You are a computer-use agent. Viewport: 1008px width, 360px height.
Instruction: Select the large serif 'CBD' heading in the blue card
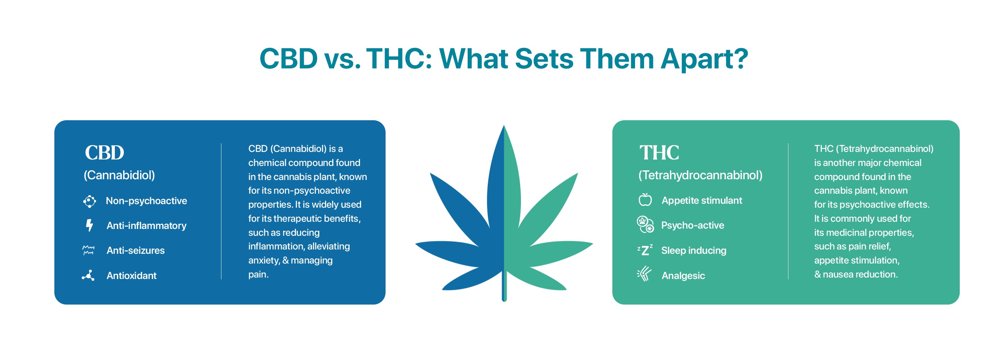pos(104,153)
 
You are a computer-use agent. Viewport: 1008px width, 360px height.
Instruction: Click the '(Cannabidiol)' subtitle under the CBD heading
pos(120,175)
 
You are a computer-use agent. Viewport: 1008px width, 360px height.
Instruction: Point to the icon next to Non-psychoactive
pos(90,201)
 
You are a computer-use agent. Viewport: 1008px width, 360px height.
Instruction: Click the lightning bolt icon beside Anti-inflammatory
pos(90,225)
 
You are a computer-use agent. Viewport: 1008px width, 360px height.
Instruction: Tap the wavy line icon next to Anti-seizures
pos(89,251)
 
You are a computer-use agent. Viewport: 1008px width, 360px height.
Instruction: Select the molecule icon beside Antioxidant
pos(89,275)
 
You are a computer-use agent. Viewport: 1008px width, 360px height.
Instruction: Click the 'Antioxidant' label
pos(131,275)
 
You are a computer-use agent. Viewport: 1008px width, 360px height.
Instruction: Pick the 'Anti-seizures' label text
pos(135,251)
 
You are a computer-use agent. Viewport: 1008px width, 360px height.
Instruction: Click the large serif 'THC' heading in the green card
pos(660,153)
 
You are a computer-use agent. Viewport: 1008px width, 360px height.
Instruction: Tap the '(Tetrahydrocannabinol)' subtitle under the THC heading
pos(701,175)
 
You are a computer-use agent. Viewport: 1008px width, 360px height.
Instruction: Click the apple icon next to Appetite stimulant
pos(645,199)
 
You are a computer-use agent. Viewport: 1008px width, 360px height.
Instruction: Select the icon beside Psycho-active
pos(645,224)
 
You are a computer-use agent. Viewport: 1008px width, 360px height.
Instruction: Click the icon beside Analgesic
pos(644,274)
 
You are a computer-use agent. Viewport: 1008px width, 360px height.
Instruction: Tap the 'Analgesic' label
pos(683,275)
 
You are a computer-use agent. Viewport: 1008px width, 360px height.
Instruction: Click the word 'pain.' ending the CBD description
pos(258,275)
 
